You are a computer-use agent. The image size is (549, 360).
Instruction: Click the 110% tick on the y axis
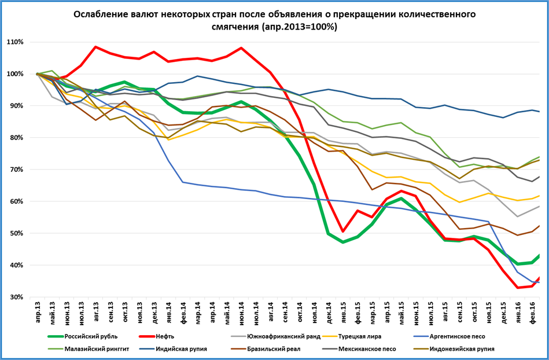[x=15, y=42]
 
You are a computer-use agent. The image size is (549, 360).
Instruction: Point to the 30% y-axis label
[x=16, y=297]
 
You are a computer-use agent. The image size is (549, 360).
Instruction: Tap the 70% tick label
[x=16, y=170]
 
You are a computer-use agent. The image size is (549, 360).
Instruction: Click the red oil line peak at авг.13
[x=96, y=47]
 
